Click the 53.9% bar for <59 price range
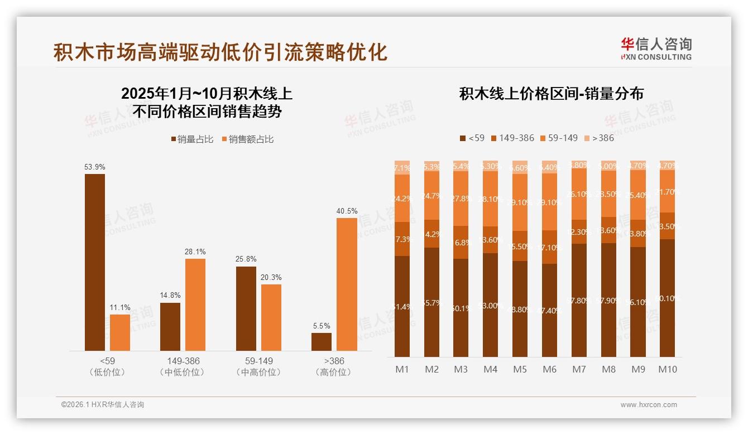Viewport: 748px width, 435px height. (95, 262)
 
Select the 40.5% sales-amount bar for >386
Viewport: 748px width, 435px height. (347, 284)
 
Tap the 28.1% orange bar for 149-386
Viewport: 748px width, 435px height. (195, 304)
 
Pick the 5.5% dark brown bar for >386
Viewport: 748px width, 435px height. (322, 341)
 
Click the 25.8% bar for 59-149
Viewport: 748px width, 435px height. (246, 308)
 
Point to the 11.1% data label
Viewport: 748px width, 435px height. (120, 308)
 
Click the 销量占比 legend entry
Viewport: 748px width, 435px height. (192, 139)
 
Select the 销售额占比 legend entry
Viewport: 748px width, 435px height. (248, 139)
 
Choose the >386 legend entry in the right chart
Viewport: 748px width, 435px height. (599, 138)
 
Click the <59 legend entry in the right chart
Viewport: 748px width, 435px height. (472, 138)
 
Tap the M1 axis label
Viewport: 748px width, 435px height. (402, 369)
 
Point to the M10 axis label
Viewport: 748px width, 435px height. (667, 369)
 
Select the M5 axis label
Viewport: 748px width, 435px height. (520, 369)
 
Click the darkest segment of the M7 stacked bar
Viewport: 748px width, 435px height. (579, 300)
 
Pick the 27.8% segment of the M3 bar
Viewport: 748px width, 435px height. (461, 199)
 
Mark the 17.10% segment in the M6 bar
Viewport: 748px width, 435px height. (549, 247)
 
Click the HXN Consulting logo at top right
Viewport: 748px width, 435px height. (656, 49)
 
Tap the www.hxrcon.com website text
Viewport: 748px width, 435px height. (649, 405)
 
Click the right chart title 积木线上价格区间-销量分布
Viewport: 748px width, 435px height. (551, 94)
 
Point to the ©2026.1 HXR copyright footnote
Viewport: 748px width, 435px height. (103, 405)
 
